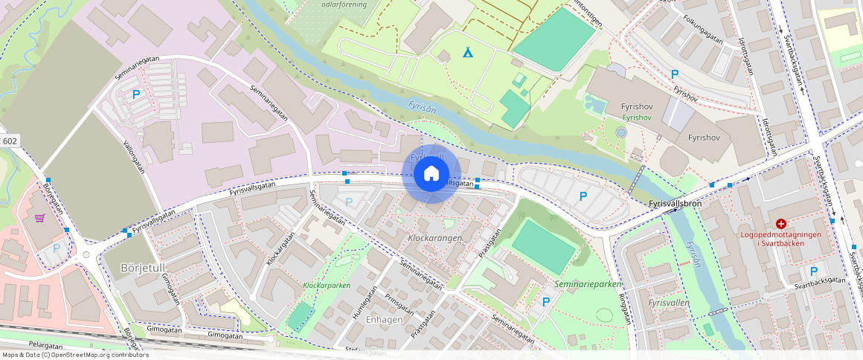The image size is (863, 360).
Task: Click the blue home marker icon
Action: point(431,175)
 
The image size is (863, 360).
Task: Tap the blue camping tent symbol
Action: point(468,53)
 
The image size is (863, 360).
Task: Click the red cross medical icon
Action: point(781,224)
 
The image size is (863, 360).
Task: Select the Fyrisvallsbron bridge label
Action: point(676,202)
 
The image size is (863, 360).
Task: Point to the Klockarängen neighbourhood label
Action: point(435,238)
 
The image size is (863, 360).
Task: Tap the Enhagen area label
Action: point(385,319)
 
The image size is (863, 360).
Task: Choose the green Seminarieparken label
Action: point(588,284)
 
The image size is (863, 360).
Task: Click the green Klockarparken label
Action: point(327,286)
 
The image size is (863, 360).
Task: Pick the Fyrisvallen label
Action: point(669,303)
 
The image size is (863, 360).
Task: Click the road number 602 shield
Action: point(10,141)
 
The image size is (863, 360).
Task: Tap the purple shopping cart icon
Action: point(39,218)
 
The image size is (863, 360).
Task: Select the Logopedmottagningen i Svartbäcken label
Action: point(781,238)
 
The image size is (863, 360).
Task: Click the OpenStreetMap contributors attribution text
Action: point(74,355)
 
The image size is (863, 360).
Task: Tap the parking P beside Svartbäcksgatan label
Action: point(814,272)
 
